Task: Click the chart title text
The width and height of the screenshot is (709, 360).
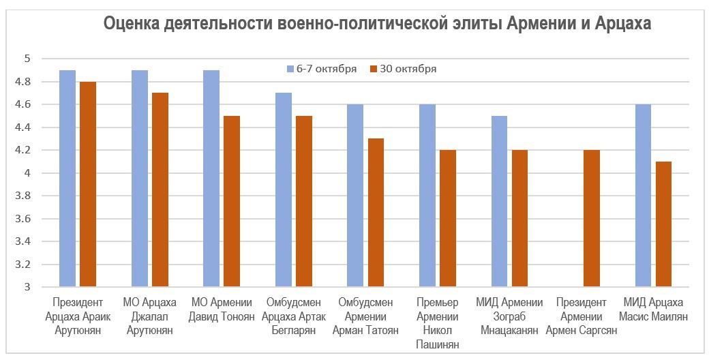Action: point(377,25)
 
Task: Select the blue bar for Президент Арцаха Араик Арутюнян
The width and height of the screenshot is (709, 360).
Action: point(67,179)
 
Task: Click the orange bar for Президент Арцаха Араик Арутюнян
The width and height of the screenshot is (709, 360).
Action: point(88,184)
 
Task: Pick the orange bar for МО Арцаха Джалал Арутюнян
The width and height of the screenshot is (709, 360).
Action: point(160,190)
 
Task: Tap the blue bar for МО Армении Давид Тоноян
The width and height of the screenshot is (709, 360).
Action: point(211,179)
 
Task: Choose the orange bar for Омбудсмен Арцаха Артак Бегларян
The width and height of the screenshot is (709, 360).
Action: point(304,202)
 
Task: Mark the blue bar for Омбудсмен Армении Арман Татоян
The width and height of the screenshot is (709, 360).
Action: point(355,196)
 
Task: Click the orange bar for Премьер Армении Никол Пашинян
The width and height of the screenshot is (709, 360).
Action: point(448,218)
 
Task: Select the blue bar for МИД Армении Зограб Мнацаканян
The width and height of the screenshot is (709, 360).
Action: point(500,202)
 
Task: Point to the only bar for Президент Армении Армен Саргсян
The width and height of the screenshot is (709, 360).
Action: point(592,218)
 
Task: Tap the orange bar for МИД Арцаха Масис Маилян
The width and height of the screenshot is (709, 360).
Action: point(664,224)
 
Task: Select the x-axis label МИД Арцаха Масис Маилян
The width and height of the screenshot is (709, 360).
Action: point(653,310)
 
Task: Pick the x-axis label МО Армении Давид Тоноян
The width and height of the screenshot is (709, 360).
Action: point(222,310)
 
